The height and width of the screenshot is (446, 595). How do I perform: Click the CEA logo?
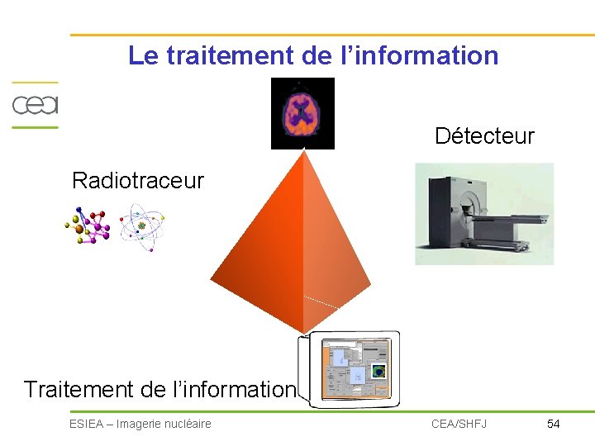[x=34, y=105]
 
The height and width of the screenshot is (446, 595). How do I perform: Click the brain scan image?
[x=302, y=113]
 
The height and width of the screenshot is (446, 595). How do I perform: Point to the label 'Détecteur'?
[x=484, y=135]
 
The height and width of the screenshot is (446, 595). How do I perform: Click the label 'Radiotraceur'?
[x=137, y=180]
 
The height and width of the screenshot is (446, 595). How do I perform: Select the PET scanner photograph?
[x=483, y=214]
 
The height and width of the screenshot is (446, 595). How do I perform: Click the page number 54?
[x=554, y=424]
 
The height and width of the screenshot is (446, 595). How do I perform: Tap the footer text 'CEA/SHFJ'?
[x=459, y=424]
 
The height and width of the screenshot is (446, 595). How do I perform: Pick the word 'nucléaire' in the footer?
[x=188, y=424]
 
